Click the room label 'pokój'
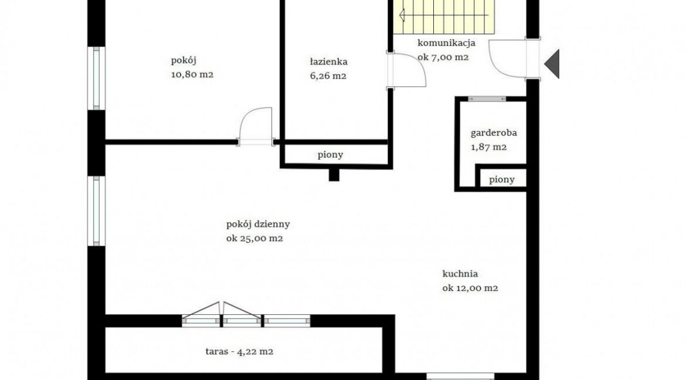(x=180, y=60)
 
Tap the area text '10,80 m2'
(x=192, y=74)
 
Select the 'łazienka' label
(x=328, y=62)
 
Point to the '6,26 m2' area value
(x=328, y=76)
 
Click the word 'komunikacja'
(x=446, y=43)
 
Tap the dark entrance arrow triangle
(x=552, y=64)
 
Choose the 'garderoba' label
(x=494, y=133)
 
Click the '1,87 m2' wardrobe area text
(x=488, y=147)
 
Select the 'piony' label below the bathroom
(x=330, y=155)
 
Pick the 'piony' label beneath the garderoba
(x=502, y=179)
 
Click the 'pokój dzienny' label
(x=258, y=225)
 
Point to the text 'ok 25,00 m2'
(x=254, y=239)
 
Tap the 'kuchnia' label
(x=460, y=274)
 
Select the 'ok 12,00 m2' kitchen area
(x=470, y=288)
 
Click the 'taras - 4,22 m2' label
(x=239, y=351)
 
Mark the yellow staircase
(x=444, y=16)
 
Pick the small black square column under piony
(x=334, y=175)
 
